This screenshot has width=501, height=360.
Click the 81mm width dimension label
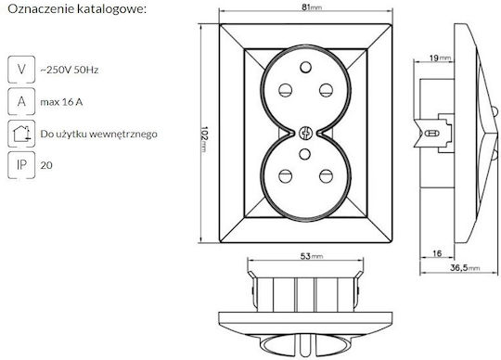[x=312, y=7]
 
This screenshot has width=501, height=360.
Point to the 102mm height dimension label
[x=204, y=140]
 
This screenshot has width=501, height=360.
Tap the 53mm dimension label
[x=312, y=256]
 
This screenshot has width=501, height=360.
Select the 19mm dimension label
[x=440, y=58]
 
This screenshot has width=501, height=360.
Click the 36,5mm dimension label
[x=465, y=268]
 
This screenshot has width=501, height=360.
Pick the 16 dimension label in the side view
[x=437, y=253]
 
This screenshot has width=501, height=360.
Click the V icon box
[x=21, y=70]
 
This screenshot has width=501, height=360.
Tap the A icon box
[x=21, y=101]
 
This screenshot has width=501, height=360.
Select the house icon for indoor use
[x=21, y=134]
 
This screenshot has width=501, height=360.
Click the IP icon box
[x=21, y=165]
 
